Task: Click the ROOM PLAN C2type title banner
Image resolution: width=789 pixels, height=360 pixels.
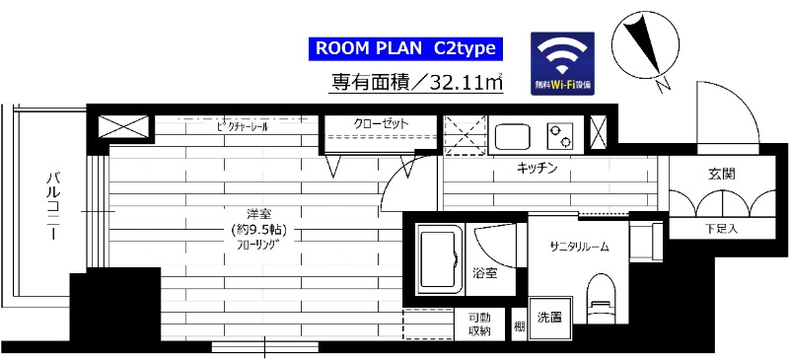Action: tap(408, 48)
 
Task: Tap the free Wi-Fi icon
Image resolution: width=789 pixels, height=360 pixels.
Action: tap(563, 64)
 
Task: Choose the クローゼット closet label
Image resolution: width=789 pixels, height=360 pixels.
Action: tap(382, 124)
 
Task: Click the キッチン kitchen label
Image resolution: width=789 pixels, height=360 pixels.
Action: tap(538, 169)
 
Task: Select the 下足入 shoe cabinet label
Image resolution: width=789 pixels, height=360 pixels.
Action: tap(720, 229)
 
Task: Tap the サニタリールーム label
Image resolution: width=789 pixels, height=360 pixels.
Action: tap(581, 247)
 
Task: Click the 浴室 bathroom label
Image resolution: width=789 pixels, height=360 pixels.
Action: tap(483, 272)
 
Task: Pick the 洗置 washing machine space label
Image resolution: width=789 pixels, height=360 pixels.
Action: tap(549, 318)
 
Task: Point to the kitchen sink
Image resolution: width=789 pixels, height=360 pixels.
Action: tap(514, 135)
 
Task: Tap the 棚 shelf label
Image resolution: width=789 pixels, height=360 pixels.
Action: tap(519, 324)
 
